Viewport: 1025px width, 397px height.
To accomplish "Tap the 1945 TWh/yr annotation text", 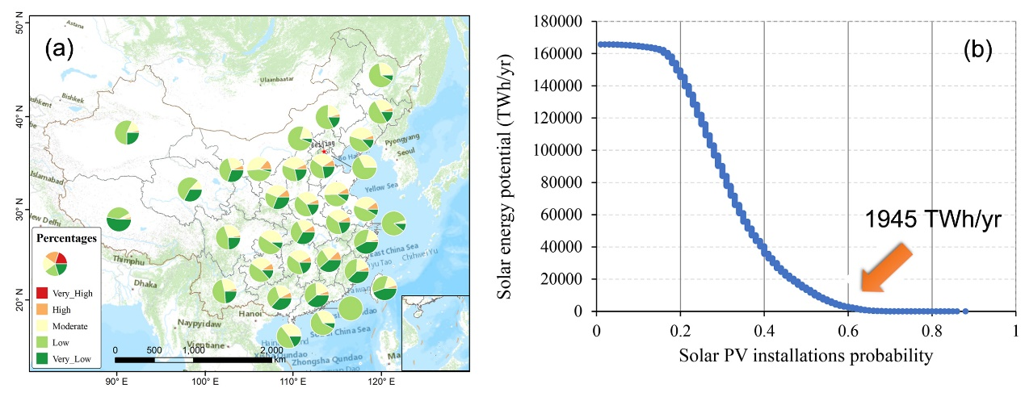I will tap(932, 219).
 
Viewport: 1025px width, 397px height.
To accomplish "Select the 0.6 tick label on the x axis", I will tap(847, 331).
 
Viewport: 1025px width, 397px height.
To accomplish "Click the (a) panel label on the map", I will tap(59, 49).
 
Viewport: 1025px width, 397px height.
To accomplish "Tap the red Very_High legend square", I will tap(44, 293).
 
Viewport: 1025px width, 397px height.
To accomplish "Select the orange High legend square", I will tap(44, 309).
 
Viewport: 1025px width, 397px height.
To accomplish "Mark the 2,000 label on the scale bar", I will tap(271, 350).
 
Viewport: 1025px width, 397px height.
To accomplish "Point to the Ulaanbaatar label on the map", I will tap(279, 81).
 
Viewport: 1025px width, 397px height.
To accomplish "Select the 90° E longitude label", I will tap(116, 381).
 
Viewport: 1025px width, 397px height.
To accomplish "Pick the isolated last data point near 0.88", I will tap(965, 311).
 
